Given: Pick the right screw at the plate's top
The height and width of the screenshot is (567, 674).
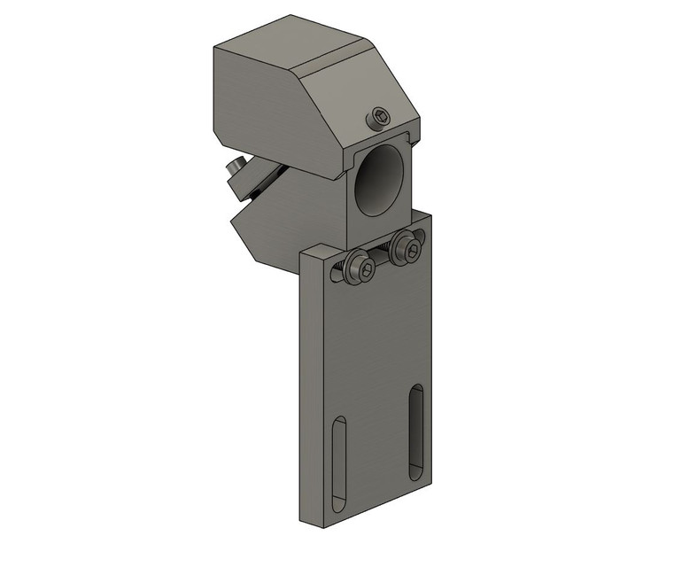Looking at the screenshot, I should click(408, 248).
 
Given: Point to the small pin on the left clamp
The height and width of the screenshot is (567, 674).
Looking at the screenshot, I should click(236, 166).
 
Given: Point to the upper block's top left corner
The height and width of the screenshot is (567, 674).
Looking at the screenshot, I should click(215, 50).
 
